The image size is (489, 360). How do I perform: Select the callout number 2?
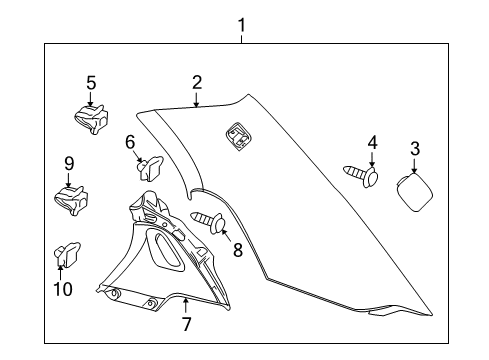[197, 82]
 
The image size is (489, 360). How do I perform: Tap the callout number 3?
[415, 149]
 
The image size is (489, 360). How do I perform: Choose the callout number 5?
[90, 84]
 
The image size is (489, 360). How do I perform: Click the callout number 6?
[130, 143]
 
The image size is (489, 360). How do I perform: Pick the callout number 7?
[187, 323]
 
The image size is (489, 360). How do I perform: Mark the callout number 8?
[238, 250]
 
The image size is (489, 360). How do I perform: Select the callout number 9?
[69, 163]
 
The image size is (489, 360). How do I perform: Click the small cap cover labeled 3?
[413, 190]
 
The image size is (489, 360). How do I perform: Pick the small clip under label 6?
[151, 168]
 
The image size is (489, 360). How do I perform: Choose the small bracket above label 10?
[68, 255]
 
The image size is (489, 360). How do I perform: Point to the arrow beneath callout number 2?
[197, 99]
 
